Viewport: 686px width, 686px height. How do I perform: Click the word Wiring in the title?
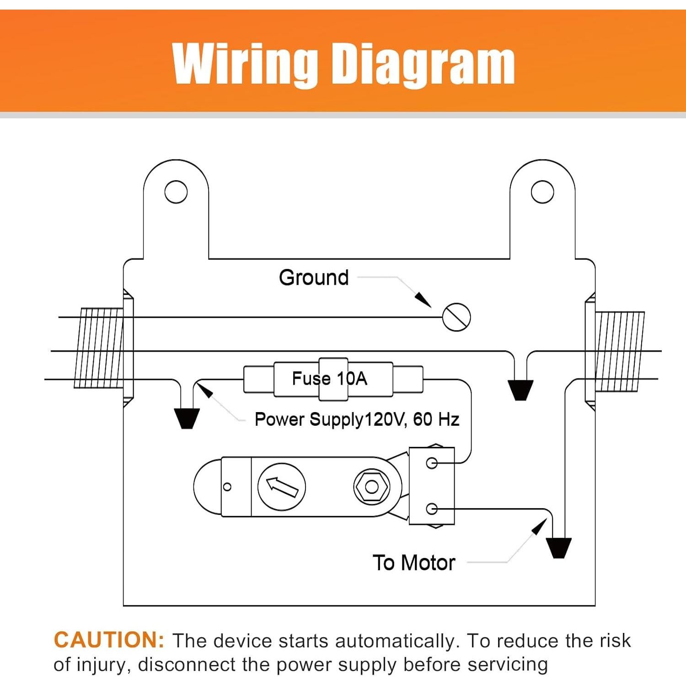click(x=245, y=64)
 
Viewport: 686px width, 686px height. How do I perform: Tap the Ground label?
click(x=314, y=278)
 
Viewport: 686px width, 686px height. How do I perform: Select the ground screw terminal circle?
click(x=456, y=317)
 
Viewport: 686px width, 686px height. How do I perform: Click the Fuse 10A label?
click(x=330, y=379)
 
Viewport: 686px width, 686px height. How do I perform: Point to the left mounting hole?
click(x=176, y=192)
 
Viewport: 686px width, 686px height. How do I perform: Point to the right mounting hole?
click(x=542, y=192)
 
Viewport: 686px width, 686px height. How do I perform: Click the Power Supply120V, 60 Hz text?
click(x=357, y=419)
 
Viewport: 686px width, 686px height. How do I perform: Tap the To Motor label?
click(x=414, y=563)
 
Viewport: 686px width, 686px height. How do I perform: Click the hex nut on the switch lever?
click(x=372, y=487)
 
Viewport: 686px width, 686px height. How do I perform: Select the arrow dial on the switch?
click(x=282, y=487)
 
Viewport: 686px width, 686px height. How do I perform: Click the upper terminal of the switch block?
click(x=432, y=463)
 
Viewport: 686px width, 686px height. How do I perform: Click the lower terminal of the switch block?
click(x=432, y=509)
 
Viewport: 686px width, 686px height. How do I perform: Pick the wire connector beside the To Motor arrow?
click(x=559, y=548)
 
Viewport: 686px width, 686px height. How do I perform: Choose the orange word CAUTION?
click(x=109, y=640)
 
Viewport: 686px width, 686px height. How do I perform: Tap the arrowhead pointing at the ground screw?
click(x=423, y=300)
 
